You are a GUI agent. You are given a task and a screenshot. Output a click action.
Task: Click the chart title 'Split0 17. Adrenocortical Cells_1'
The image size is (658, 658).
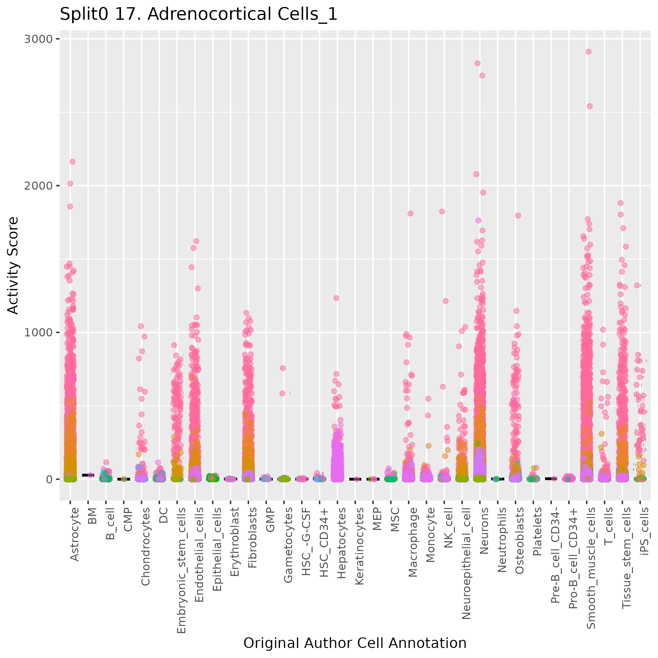[x=198, y=15]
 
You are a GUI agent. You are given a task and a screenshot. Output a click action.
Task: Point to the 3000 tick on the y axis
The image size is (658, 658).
[x=39, y=39]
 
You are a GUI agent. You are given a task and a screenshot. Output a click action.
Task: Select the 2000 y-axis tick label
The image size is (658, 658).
[x=39, y=186]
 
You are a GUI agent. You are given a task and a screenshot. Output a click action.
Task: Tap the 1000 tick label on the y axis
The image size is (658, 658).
[x=39, y=332]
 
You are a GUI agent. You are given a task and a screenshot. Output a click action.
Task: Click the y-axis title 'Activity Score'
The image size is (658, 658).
[x=13, y=265]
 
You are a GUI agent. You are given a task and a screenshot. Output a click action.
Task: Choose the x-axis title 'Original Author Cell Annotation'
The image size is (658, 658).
[x=355, y=643]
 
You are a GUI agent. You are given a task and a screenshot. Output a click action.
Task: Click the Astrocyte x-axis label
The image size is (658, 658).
[x=75, y=534]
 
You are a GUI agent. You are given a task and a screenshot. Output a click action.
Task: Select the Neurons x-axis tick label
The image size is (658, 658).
[x=484, y=531]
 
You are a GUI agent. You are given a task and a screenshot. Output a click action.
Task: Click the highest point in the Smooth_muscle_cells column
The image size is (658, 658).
[x=588, y=52]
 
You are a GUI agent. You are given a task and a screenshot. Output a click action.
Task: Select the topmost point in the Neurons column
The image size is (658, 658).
[x=477, y=63]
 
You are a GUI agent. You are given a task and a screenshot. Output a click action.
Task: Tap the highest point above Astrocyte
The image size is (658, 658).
[x=72, y=162]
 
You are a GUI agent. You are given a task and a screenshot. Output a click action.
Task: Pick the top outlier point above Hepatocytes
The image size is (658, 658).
[x=336, y=298]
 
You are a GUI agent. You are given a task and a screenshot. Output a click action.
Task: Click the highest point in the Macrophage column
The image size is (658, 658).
[x=410, y=213]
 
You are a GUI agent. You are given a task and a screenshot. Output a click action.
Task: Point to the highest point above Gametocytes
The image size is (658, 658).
[x=283, y=368]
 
